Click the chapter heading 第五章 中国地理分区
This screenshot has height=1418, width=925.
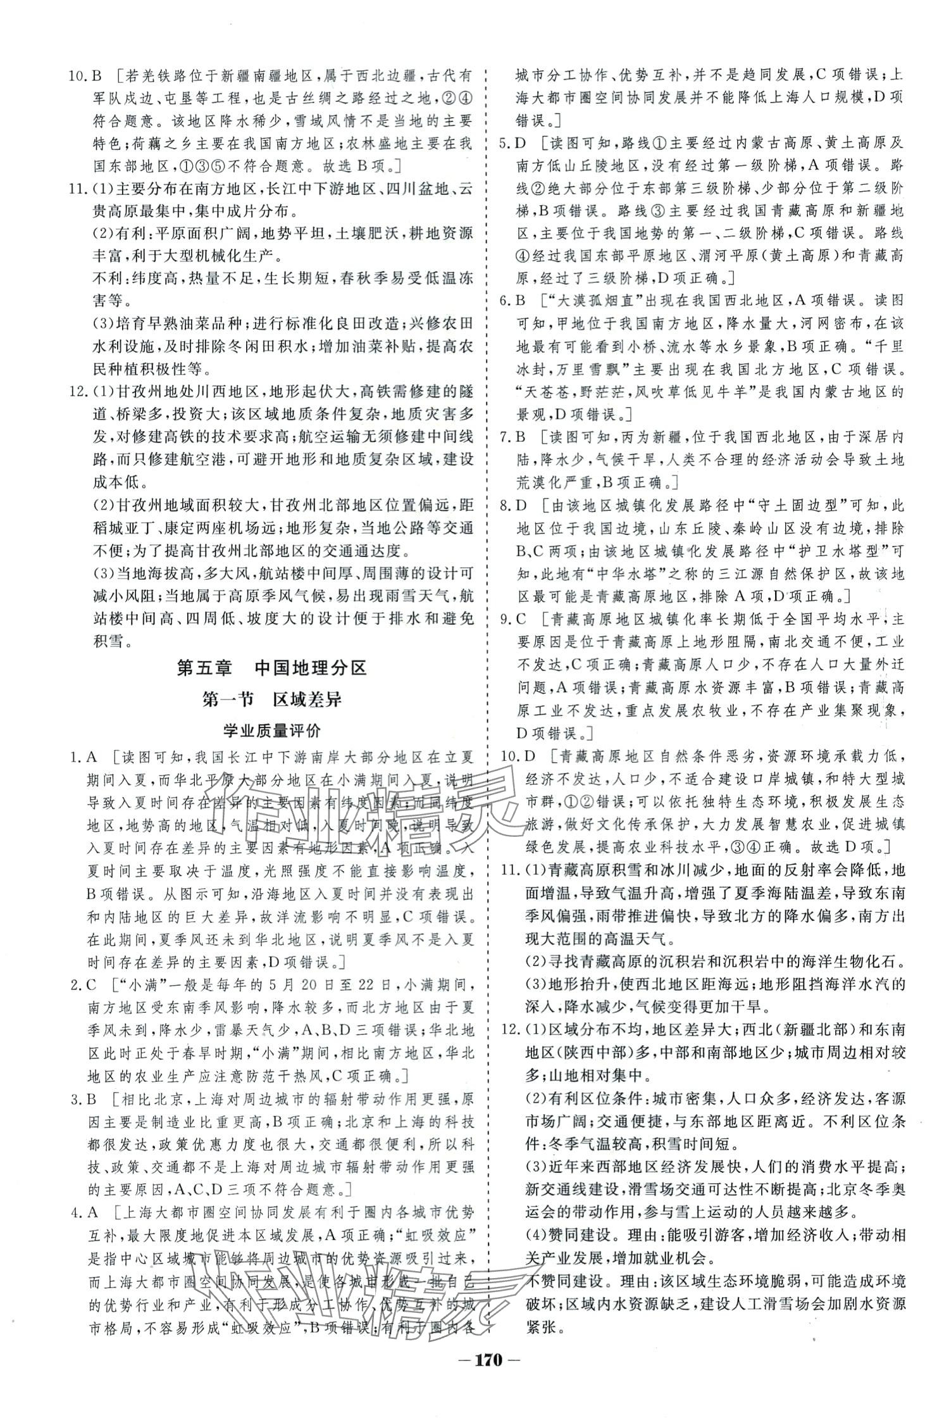click(272, 668)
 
